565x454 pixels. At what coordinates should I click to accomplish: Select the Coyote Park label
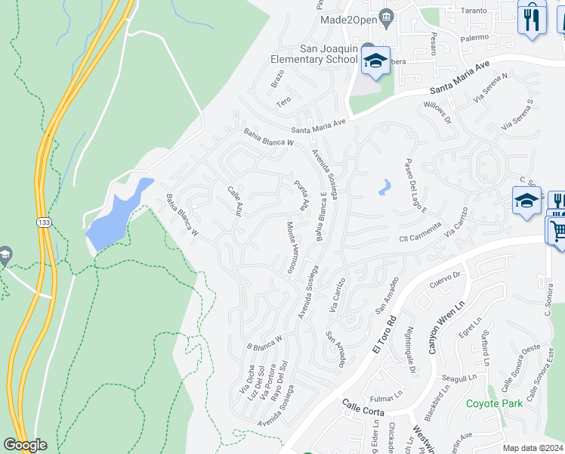click(x=494, y=403)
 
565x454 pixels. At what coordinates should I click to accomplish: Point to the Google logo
click(x=25, y=445)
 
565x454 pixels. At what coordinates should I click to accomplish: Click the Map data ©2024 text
click(x=533, y=448)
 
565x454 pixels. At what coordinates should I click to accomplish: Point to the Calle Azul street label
click(x=234, y=201)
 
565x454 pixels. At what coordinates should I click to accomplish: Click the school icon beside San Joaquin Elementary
click(x=375, y=62)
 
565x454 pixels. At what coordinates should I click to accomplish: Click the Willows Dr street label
click(x=438, y=113)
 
